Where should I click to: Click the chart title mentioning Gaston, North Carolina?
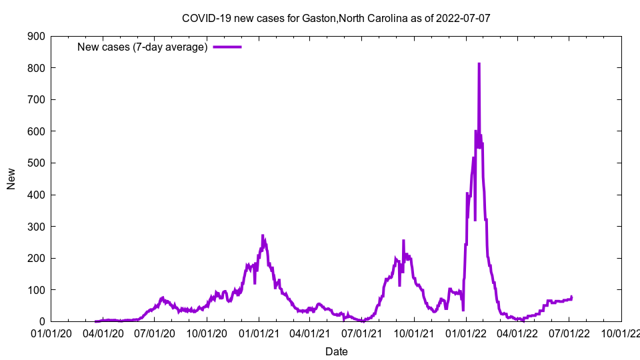pyautogui.click(x=336, y=18)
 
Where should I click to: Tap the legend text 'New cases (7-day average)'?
pyautogui.click(x=143, y=47)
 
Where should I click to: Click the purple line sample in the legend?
pyautogui.click(x=227, y=47)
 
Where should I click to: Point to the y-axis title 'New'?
pyautogui.click(x=11, y=179)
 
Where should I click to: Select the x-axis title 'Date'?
pyautogui.click(x=336, y=351)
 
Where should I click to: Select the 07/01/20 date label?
pyautogui.click(x=155, y=333)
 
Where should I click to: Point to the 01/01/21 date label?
pyautogui.click(x=259, y=333)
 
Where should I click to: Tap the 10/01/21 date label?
pyautogui.click(x=414, y=333)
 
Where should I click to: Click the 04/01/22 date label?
pyautogui.click(x=517, y=333)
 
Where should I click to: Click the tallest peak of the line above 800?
pyautogui.click(x=479, y=64)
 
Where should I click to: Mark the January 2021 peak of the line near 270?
pyautogui.click(x=263, y=236)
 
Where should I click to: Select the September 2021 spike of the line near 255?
pyautogui.click(x=403, y=241)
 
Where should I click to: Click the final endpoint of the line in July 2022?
pyautogui.click(x=571, y=297)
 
